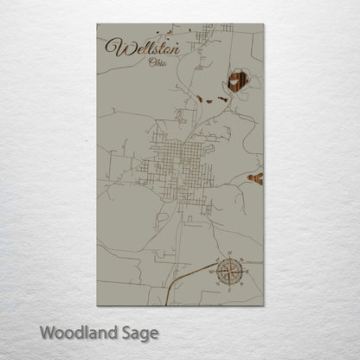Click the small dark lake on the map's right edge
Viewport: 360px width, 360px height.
[256, 179]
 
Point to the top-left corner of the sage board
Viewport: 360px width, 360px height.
[97, 23]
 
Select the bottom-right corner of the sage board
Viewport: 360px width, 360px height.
[262, 308]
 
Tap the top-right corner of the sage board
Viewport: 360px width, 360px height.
[262, 23]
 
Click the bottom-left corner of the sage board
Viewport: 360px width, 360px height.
[97, 308]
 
